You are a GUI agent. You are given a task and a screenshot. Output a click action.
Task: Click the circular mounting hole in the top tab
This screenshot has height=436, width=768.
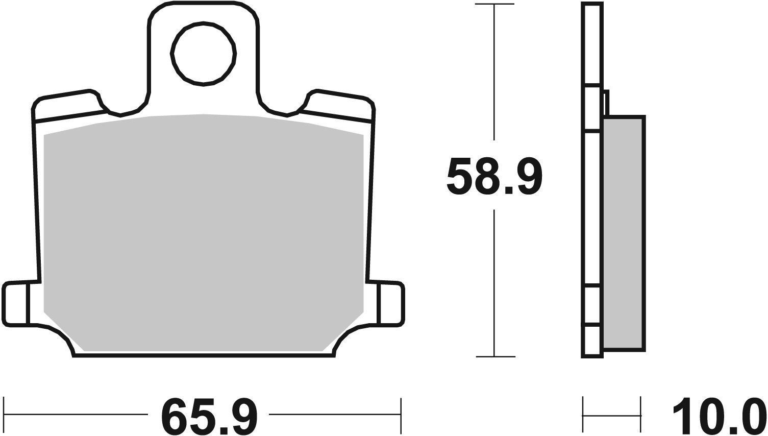pyautogui.click(x=204, y=54)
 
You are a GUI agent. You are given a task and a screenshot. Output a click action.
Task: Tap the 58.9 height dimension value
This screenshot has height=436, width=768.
pyautogui.click(x=493, y=176)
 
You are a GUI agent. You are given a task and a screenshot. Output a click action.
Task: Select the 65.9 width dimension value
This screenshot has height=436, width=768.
pyautogui.click(x=209, y=415)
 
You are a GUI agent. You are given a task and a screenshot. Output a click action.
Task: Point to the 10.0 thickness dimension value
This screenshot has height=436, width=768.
pyautogui.click(x=719, y=415)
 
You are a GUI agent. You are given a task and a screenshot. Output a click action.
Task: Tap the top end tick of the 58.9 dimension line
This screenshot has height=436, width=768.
pyautogui.click(x=494, y=5)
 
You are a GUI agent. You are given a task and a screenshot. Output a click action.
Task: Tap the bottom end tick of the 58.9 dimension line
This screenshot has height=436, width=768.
pyautogui.click(x=494, y=356)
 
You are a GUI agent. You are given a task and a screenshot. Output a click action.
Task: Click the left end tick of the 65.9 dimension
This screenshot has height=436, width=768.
pyautogui.click(x=4, y=414)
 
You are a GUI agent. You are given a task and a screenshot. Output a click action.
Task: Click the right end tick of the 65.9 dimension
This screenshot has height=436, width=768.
pyautogui.click(x=402, y=414)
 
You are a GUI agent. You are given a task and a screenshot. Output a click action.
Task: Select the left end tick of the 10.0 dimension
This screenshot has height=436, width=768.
pyautogui.click(x=583, y=414)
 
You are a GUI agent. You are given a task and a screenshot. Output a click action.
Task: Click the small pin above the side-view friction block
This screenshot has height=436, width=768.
pyautogui.click(x=606, y=103)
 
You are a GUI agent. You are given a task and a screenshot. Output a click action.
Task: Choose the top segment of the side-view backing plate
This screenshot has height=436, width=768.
pyautogui.click(x=592, y=44)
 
